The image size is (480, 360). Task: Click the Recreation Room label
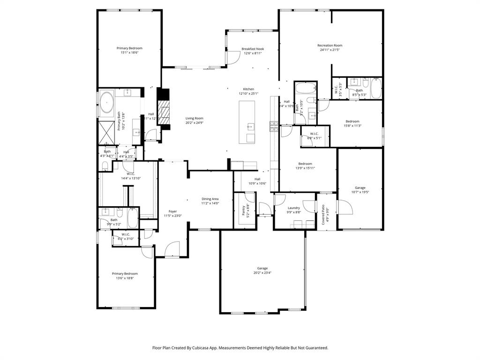[330, 45]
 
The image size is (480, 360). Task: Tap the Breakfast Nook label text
[253, 49]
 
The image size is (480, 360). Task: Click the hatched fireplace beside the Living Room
[162, 112]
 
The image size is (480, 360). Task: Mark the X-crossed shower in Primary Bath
[107, 131]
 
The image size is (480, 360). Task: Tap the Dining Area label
[210, 199]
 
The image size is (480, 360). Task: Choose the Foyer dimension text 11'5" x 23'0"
[172, 216]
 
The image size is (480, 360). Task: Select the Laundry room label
[294, 208]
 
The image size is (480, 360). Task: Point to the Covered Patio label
[323, 213]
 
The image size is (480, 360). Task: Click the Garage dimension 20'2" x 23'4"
[262, 273]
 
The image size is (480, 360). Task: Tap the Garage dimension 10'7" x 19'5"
[360, 192]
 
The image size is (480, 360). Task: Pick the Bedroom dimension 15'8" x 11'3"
[352, 126]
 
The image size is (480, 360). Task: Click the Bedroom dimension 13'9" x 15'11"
[305, 168]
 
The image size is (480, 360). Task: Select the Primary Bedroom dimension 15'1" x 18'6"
[129, 52]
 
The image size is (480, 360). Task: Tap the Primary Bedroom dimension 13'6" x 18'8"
[125, 278]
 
